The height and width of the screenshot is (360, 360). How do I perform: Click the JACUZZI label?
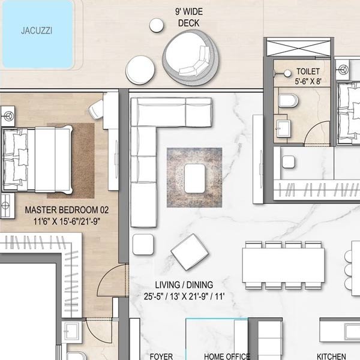(37, 31)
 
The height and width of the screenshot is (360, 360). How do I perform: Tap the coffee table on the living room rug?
(194, 178)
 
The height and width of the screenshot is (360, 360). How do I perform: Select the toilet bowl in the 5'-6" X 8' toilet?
(289, 100)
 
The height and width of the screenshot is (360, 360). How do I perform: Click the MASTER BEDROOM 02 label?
(67, 210)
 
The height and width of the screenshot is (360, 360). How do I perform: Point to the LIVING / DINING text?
(184, 285)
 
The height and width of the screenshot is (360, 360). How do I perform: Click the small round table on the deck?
(157, 25)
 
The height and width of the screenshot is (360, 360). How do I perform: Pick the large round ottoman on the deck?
(140, 70)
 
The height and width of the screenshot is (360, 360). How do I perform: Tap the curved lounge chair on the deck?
(191, 58)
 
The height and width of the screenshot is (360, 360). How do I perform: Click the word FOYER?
(161, 356)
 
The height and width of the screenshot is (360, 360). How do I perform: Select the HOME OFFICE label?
(227, 356)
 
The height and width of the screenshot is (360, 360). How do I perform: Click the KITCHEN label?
(331, 356)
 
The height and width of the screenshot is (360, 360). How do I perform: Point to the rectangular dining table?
(283, 265)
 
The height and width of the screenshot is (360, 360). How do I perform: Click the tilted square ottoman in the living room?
(190, 252)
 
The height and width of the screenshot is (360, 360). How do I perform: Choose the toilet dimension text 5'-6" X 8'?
(308, 81)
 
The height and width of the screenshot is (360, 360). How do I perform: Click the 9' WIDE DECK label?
(189, 17)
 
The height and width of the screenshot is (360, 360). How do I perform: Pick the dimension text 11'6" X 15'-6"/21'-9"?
(67, 222)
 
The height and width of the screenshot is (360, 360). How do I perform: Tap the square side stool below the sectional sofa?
(143, 245)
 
